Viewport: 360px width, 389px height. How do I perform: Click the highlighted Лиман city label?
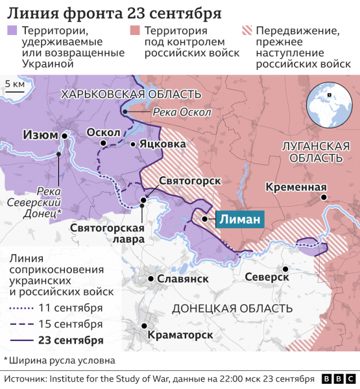(240, 219)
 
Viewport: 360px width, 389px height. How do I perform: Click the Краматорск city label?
(180, 335)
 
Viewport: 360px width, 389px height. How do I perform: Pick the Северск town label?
(267, 277)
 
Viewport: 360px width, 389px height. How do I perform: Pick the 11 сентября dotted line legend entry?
(56, 307)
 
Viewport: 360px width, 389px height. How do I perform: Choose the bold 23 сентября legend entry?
(56, 340)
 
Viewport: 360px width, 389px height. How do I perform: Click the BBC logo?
(337, 379)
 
